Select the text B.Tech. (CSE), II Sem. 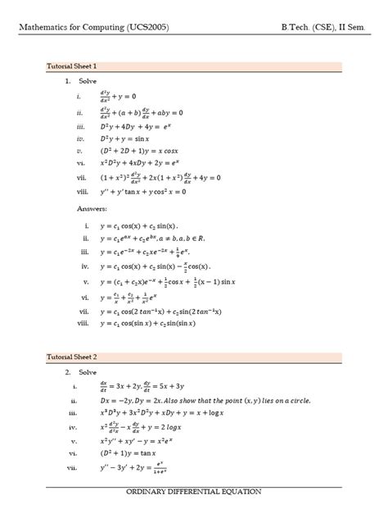pyautogui.click(x=326, y=27)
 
